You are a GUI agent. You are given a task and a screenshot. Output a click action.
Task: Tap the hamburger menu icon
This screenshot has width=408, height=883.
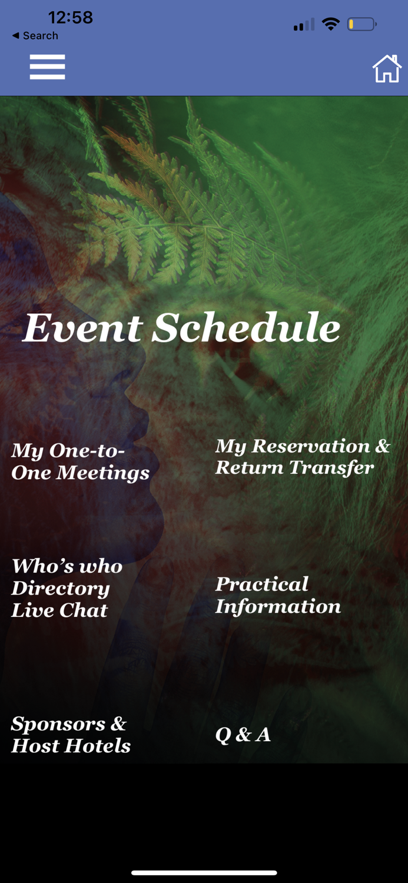(47, 67)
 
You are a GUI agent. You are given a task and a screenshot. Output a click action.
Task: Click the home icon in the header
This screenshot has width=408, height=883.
(387, 69)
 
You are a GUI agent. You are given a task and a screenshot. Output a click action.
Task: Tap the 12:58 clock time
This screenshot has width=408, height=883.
(71, 17)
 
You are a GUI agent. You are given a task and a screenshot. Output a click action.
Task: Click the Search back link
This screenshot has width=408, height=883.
(35, 35)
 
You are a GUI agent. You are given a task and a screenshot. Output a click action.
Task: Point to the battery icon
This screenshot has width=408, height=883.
(362, 25)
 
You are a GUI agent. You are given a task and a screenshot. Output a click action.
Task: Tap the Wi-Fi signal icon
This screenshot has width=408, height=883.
(331, 24)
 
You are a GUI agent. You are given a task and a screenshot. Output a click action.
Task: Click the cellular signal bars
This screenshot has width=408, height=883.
(304, 25)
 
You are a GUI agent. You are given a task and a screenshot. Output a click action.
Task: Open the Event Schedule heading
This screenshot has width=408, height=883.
(181, 327)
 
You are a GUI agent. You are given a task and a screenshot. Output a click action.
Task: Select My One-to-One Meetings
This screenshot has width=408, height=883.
(81, 462)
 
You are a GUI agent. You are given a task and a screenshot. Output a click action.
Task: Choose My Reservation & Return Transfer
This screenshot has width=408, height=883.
(303, 457)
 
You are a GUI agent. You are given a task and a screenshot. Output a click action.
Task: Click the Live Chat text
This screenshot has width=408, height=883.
(59, 610)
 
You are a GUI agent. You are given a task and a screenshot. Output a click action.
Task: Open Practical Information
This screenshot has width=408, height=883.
(278, 595)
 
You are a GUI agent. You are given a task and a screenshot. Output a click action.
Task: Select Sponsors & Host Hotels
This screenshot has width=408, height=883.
(71, 735)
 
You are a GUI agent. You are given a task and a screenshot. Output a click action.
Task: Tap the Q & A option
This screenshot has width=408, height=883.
(243, 735)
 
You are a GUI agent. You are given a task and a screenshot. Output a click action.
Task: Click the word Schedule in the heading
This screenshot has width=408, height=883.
(246, 327)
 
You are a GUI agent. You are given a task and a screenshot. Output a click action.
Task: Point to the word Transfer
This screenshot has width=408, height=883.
(331, 468)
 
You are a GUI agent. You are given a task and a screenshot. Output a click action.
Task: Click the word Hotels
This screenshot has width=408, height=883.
(98, 746)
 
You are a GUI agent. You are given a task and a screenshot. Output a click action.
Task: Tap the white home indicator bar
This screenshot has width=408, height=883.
(204, 873)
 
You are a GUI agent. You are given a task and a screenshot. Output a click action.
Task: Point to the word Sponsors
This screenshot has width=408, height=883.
(58, 724)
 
